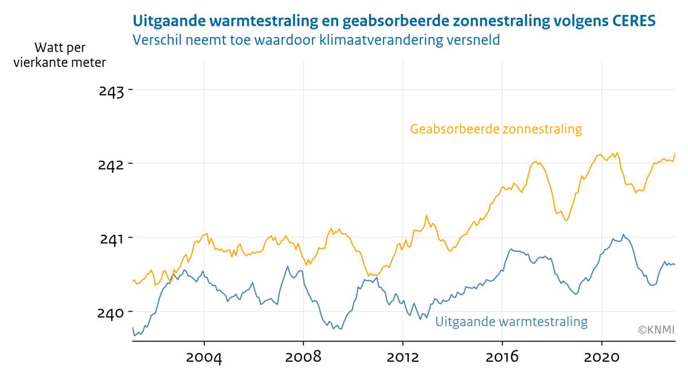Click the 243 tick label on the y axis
tap(111, 91)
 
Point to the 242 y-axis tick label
tap(111, 165)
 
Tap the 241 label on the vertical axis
tap(111, 238)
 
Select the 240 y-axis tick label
tap(111, 312)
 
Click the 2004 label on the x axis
tap(204, 357)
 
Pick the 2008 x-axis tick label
tap(303, 357)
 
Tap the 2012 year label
tap(403, 357)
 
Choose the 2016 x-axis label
tap(502, 357)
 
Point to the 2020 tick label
tap(601, 357)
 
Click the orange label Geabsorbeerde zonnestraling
tap(495, 129)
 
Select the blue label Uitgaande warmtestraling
tap(511, 322)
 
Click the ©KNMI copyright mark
tap(656, 330)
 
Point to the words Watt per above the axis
tap(60, 47)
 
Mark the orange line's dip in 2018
tap(566, 220)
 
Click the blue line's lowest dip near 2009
tap(341, 328)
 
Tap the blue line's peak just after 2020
tap(623, 234)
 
